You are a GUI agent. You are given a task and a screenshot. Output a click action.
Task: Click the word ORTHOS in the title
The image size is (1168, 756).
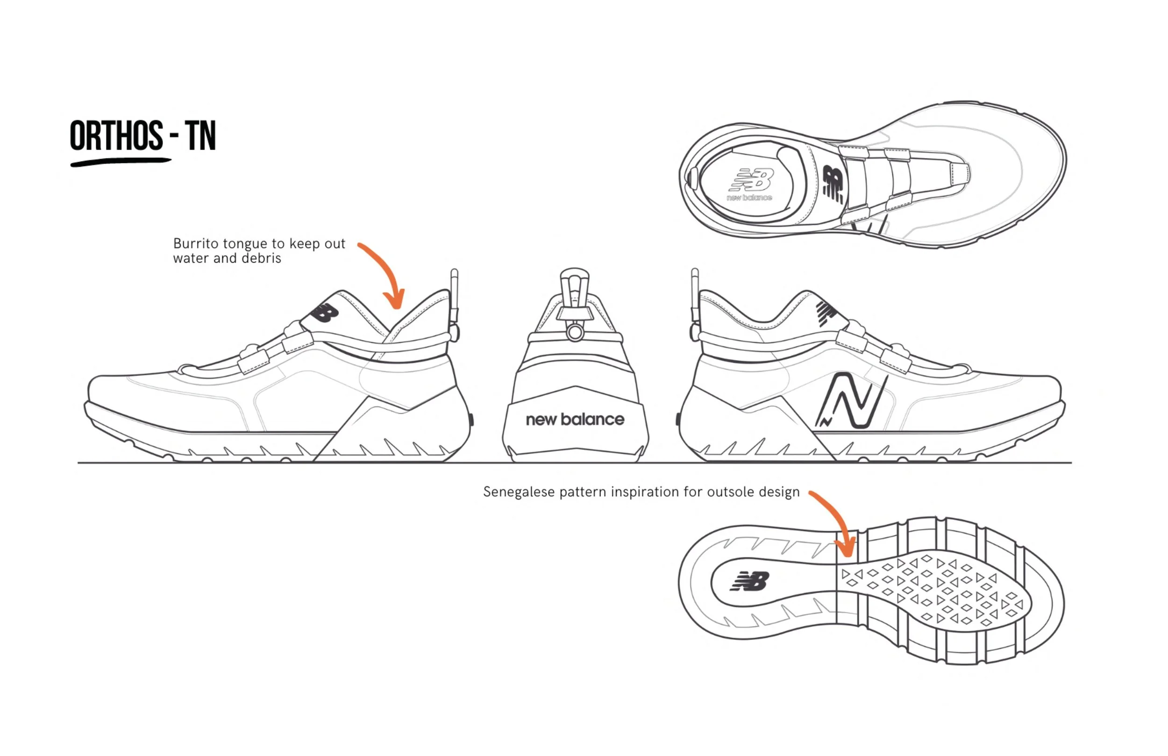116,136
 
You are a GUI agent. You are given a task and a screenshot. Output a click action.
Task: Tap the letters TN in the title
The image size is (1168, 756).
200,136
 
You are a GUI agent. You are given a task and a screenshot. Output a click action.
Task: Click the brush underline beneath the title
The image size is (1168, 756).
120,162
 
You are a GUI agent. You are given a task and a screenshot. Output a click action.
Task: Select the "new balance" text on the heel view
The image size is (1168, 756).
575,419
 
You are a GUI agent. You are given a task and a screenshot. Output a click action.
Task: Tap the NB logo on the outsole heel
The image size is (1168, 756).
749,582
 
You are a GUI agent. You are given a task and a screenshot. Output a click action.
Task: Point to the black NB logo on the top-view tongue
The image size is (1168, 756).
833,185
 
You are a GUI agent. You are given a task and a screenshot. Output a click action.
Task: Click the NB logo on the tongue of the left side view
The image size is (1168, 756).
325,313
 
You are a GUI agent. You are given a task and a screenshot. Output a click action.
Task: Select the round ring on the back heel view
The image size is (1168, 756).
575,333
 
